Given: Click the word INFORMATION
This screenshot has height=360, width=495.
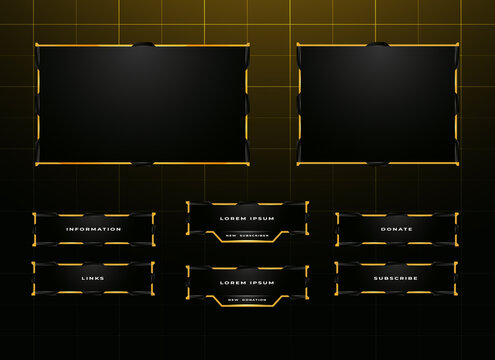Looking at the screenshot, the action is pyautogui.click(x=93, y=229).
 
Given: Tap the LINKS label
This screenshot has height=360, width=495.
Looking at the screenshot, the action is pyautogui.click(x=93, y=278).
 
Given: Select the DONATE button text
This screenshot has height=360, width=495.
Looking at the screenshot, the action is pyautogui.click(x=396, y=229).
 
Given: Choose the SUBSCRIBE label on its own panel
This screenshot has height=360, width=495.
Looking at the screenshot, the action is pyautogui.click(x=396, y=278).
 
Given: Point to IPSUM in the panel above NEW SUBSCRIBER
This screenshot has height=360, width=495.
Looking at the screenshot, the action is pyautogui.click(x=261, y=218).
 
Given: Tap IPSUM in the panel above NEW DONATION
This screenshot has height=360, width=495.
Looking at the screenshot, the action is pyautogui.click(x=261, y=283).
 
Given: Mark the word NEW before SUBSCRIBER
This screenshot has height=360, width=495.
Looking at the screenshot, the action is pyautogui.click(x=232, y=235).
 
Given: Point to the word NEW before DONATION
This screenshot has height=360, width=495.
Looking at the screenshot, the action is pyautogui.click(x=233, y=300).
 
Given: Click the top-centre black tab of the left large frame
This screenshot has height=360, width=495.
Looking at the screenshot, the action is pyautogui.click(x=144, y=45).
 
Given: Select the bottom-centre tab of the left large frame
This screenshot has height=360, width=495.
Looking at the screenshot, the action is pyautogui.click(x=144, y=163).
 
